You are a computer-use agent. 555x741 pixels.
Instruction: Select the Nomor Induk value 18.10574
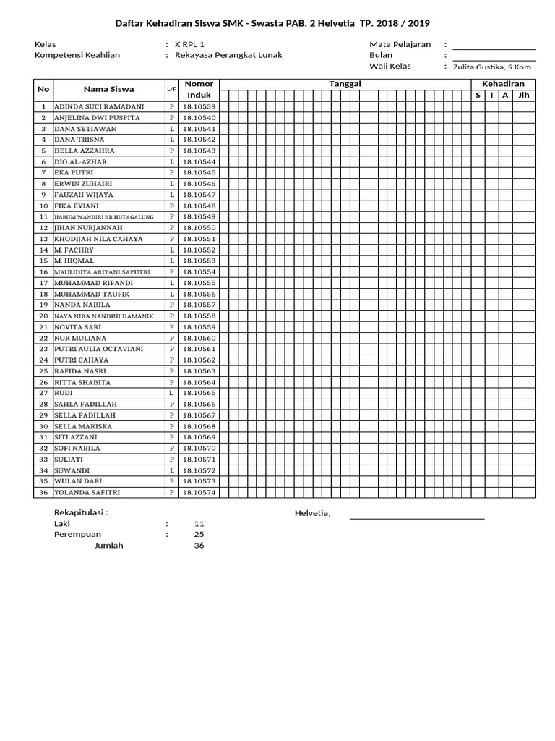(199, 493)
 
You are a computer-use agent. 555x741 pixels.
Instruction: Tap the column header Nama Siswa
(108, 90)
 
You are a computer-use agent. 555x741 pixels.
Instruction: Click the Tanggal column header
(345, 84)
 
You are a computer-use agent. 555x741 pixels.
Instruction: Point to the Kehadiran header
(503, 84)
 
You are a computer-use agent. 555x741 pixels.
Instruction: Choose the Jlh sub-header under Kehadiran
(524, 95)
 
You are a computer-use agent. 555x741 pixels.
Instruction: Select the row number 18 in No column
(43, 295)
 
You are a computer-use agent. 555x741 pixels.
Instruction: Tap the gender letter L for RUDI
(172, 393)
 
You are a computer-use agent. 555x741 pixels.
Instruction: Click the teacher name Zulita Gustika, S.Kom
(492, 67)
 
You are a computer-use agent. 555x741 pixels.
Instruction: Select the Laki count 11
(199, 523)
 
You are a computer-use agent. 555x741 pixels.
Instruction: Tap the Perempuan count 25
(199, 534)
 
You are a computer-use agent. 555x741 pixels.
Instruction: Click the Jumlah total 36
(199, 546)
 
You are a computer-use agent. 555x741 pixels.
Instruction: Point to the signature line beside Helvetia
(417, 517)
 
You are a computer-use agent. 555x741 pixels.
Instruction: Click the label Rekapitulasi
(81, 512)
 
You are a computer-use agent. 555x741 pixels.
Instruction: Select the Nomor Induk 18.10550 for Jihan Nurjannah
(199, 228)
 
